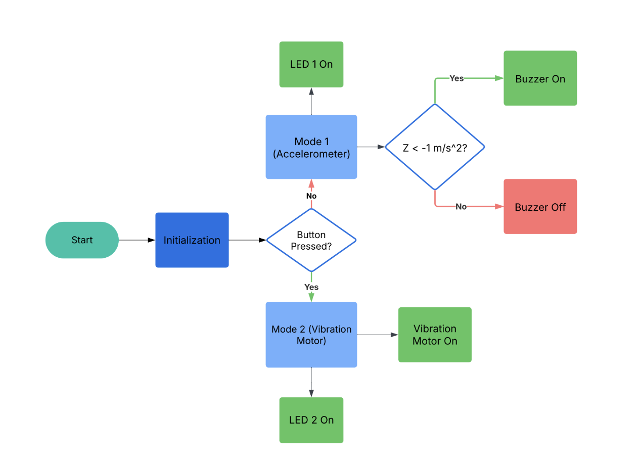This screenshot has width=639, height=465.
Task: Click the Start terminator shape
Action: click(x=82, y=240)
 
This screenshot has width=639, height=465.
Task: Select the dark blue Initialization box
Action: click(x=192, y=240)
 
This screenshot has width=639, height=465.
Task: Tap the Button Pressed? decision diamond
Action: click(x=311, y=240)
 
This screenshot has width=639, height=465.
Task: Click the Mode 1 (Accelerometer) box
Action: click(x=311, y=147)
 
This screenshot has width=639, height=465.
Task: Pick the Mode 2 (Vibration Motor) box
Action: click(x=311, y=335)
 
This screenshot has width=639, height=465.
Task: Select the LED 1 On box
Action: click(x=311, y=65)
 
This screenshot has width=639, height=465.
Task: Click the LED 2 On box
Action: click(x=311, y=420)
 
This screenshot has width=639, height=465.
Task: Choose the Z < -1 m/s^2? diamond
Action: click(x=435, y=147)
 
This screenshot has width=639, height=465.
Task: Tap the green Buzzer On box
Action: click(x=540, y=78)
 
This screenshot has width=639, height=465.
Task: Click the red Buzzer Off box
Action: click(x=540, y=207)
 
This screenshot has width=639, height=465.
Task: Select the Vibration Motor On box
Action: click(x=435, y=335)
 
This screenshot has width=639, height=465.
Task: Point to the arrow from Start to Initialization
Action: click(x=136, y=240)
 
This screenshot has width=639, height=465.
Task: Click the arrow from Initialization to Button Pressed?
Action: click(x=247, y=240)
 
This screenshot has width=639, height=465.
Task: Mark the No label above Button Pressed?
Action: click(x=311, y=196)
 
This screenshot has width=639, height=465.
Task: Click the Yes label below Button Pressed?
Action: click(x=311, y=287)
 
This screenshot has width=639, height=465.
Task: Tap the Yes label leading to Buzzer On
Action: click(x=457, y=78)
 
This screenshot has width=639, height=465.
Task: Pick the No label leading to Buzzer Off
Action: click(x=461, y=207)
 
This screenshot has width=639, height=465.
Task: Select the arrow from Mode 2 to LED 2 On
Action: click(x=311, y=382)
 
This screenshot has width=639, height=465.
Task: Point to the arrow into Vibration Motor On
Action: click(x=377, y=335)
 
